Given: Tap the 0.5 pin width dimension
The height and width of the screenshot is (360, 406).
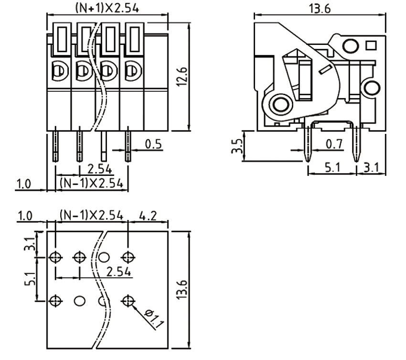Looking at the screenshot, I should point(153,144).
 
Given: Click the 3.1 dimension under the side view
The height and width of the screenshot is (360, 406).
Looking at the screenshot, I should point(372,167).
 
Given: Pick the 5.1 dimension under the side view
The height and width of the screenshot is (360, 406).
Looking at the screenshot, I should point(332,167).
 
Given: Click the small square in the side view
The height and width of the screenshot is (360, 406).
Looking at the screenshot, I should point(371,46).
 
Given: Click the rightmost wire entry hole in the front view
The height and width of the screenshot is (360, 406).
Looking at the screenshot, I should point(131,72).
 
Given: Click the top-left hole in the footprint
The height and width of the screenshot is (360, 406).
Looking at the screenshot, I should point(56,257).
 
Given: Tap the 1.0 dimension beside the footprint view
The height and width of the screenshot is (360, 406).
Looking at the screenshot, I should point(24,216).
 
